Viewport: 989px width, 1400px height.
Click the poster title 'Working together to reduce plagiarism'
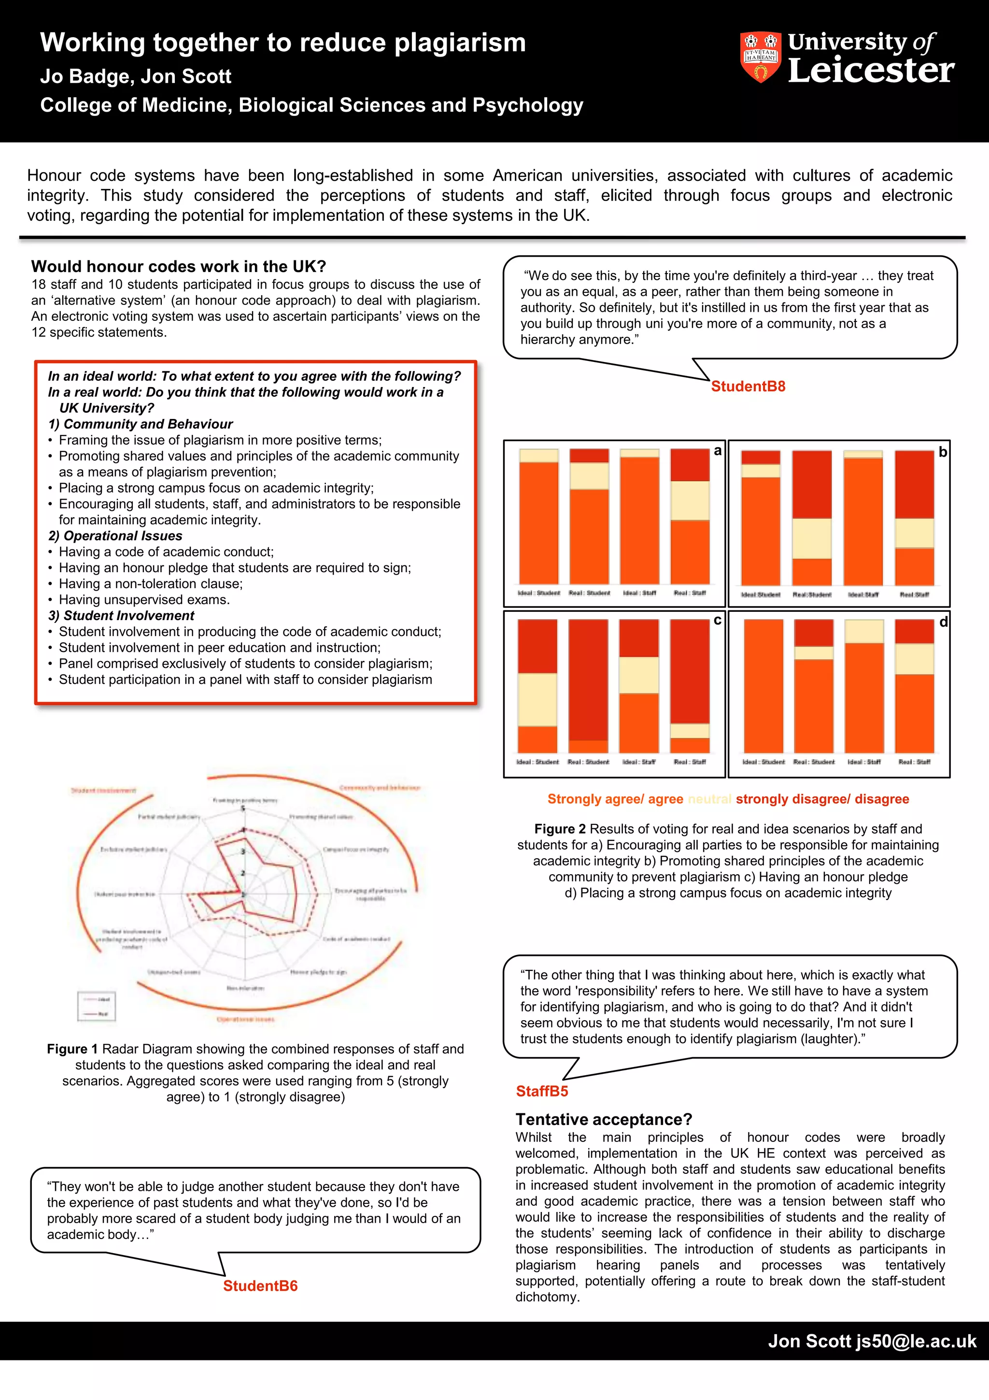click(x=283, y=43)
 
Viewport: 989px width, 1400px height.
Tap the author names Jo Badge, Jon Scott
click(x=135, y=76)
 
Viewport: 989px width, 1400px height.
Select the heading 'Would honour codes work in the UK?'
click(x=179, y=266)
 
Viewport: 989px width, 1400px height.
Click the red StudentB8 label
click(x=748, y=386)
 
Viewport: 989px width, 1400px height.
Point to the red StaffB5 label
click(x=542, y=1091)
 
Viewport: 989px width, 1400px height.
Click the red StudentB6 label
click(x=260, y=1285)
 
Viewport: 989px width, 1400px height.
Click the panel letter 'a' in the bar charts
click(x=717, y=450)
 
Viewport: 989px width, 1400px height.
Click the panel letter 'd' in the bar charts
click(x=943, y=622)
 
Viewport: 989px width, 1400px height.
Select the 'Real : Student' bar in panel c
click(x=588, y=686)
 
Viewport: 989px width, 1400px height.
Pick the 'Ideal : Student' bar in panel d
click(x=763, y=686)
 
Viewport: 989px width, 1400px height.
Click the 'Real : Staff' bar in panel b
click(x=914, y=518)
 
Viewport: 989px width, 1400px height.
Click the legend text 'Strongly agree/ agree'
click(x=615, y=799)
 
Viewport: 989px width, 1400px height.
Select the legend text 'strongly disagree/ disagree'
click(x=822, y=799)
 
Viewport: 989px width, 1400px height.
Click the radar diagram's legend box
click(x=96, y=1006)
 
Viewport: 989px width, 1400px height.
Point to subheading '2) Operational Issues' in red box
click(x=115, y=535)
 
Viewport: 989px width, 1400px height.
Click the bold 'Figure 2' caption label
click(x=559, y=829)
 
